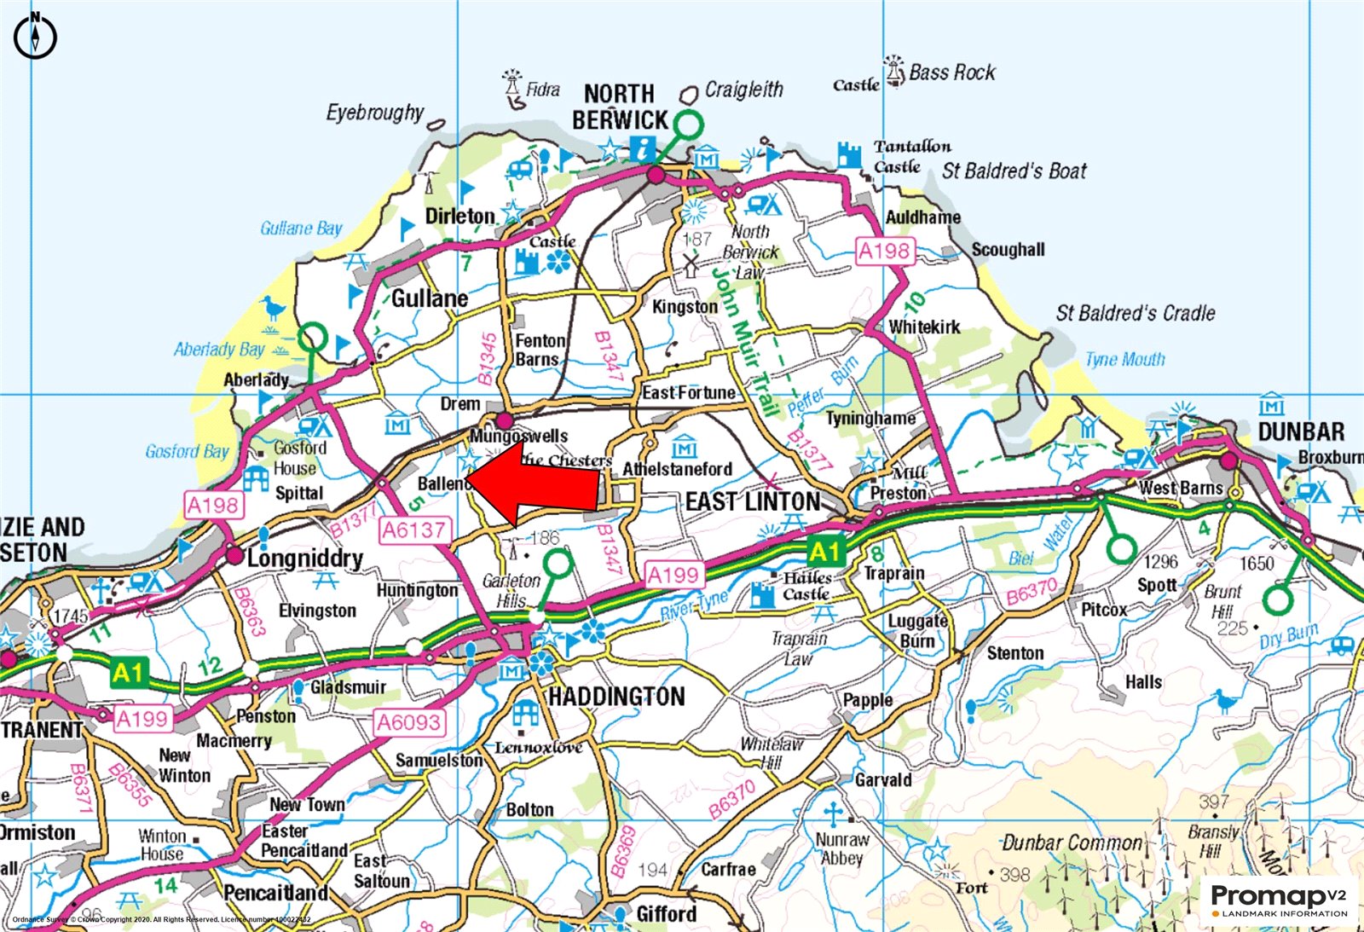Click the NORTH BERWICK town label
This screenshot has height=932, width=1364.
coord(620,107)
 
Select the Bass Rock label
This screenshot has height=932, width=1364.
coord(951,72)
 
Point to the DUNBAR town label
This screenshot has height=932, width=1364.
coord(1301,431)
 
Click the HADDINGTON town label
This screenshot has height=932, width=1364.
coord(616,697)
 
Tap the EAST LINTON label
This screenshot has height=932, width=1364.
coord(753,501)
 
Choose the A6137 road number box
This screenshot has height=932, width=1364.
coord(413,530)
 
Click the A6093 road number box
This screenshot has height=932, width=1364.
coord(409,723)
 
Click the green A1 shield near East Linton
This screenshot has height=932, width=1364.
coord(825,552)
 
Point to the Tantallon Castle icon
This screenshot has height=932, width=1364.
coord(850,155)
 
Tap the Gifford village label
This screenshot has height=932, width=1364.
coord(666,914)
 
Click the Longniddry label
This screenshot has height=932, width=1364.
coord(304,559)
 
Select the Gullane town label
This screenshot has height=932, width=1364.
coord(430,298)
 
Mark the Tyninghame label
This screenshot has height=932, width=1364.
coord(870,419)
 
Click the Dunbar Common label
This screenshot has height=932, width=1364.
coord(1072,843)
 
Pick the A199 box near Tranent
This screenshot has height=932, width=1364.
coord(142,719)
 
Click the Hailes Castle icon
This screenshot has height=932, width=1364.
coord(763,594)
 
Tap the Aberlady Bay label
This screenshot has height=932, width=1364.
coord(219,350)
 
